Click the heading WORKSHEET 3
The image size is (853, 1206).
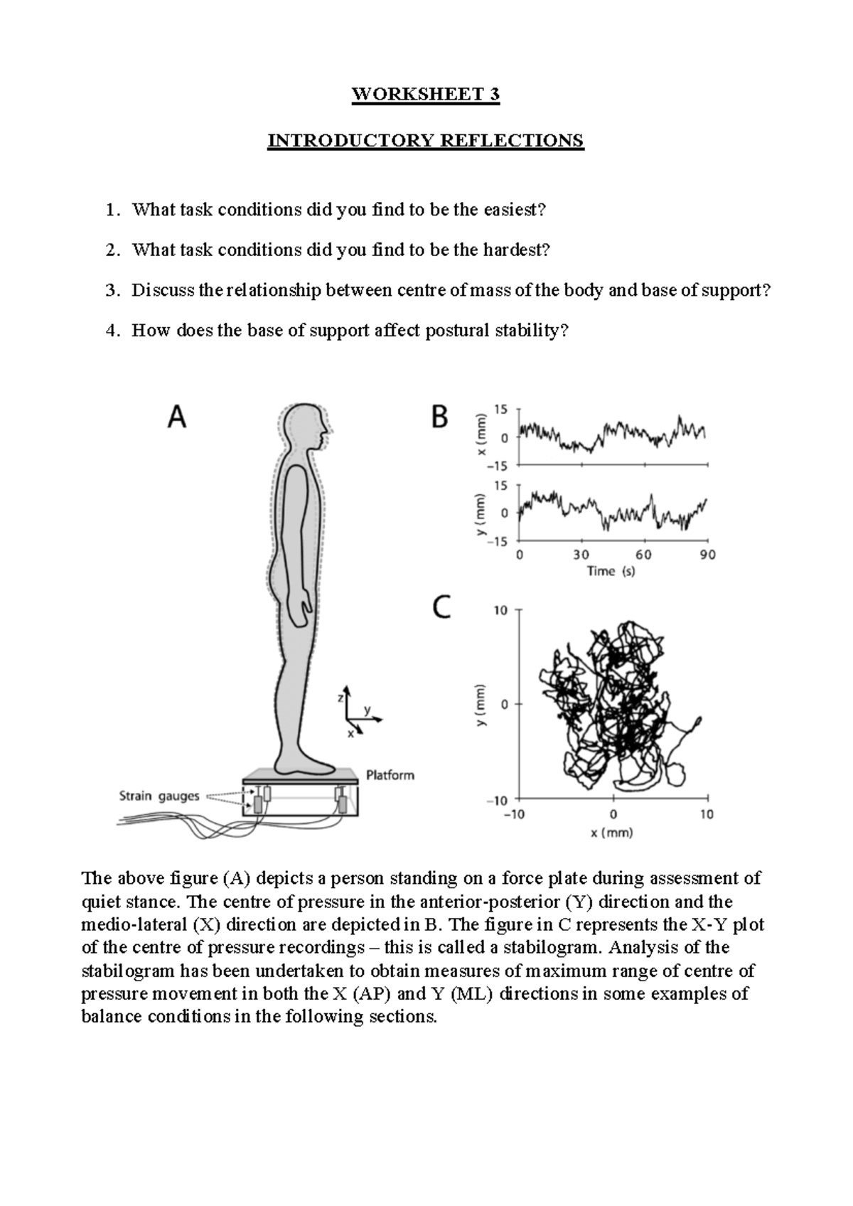pos(426,95)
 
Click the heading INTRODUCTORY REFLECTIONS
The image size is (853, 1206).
pos(425,140)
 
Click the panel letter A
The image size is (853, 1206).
pos(177,417)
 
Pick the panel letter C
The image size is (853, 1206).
pos(441,607)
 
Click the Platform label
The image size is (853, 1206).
pos(390,775)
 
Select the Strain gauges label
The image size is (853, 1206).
pos(159,796)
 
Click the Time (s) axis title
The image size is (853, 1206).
pos(611,571)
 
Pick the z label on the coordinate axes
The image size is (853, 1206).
pos(340,698)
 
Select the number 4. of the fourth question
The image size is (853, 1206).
pos(112,331)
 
